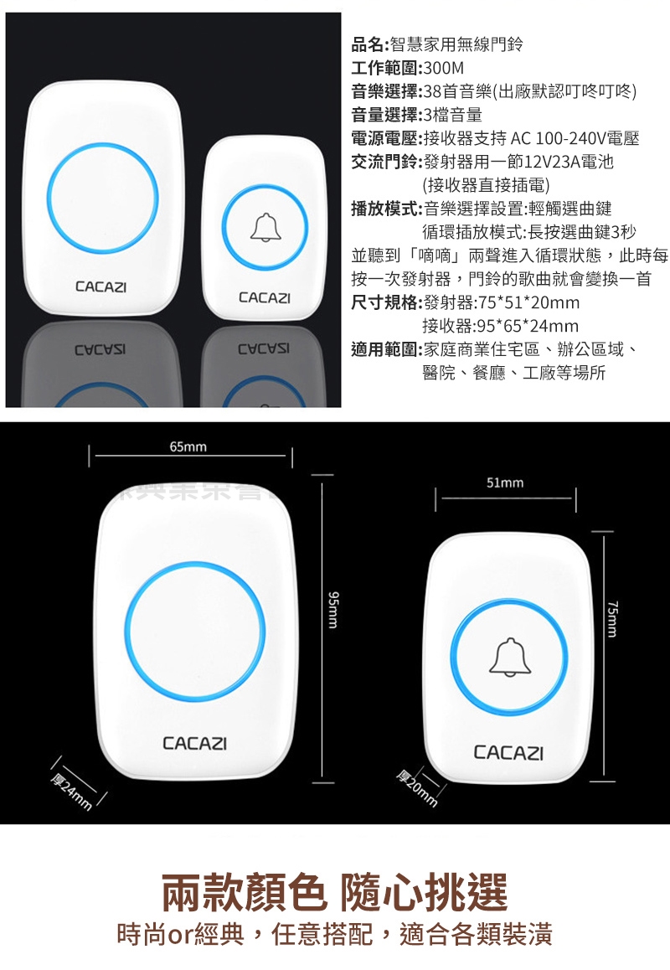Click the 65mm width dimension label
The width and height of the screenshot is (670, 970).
(x=188, y=446)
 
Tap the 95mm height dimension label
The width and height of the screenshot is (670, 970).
(x=332, y=610)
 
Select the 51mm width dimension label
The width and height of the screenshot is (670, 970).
(x=505, y=482)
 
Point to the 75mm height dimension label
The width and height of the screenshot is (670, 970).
(x=612, y=619)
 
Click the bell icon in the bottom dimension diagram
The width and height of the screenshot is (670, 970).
(x=510, y=657)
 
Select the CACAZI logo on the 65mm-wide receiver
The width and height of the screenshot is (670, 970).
(x=194, y=743)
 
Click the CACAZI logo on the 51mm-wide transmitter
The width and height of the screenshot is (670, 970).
(x=508, y=752)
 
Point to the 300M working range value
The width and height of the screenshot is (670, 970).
(x=444, y=68)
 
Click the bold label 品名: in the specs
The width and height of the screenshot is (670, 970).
(x=370, y=44)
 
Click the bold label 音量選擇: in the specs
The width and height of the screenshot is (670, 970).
(x=387, y=115)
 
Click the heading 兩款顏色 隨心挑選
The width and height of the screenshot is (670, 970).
(x=335, y=892)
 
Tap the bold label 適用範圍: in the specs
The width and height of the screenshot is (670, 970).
(x=387, y=350)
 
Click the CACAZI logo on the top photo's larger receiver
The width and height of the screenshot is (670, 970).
(x=100, y=287)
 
